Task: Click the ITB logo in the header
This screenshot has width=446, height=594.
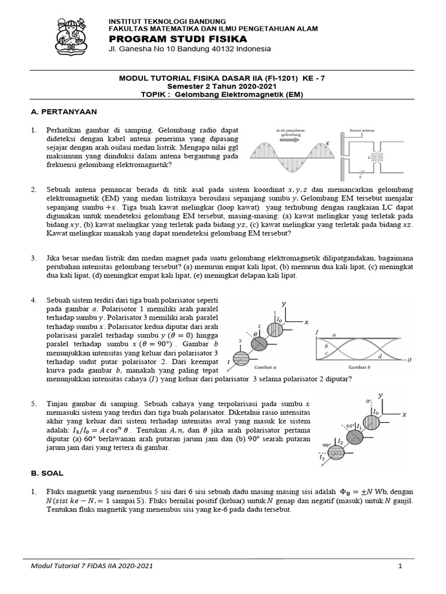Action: [x=75, y=34]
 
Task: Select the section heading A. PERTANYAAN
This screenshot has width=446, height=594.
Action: [x=64, y=111]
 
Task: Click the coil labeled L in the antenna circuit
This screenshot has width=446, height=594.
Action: [x=382, y=157]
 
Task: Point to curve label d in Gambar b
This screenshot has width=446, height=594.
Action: [x=380, y=355]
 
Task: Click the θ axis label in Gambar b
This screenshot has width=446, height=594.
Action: [x=410, y=360]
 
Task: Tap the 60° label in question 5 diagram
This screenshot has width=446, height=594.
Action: [x=350, y=426]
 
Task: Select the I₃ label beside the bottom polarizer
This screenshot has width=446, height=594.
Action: [x=322, y=458]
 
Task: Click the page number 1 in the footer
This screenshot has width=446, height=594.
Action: [x=400, y=566]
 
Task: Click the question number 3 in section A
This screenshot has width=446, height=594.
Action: [x=34, y=256]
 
